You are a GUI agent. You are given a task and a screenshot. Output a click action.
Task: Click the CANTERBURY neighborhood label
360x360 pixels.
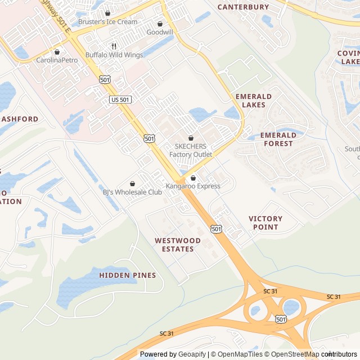coord(243,7)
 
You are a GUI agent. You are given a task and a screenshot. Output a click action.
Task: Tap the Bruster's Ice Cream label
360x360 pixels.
coord(107,22)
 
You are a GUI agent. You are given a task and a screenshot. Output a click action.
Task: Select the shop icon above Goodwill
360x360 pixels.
coord(160,24)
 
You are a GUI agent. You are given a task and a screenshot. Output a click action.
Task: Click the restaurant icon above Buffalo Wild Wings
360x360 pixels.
coord(114,46)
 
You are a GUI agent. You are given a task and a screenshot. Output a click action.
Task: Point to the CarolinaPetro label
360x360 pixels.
coord(57,60)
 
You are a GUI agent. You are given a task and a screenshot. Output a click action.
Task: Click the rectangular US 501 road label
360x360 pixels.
coord(120,100)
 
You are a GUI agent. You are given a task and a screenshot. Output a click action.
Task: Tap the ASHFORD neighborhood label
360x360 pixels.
coord(20,119)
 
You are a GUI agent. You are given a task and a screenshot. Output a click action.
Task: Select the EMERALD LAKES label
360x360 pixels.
coord(253,101)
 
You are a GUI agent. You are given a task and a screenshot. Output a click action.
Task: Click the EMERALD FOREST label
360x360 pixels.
coord(278,139)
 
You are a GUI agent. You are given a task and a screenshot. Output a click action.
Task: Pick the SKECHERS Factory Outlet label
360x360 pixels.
coord(191,150)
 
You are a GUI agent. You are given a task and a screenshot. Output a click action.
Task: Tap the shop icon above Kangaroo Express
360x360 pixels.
coord(193,178)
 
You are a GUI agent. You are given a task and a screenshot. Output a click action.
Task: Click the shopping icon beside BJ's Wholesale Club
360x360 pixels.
coord(132,183)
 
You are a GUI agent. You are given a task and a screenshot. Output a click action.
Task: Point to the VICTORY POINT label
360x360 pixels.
coord(265,223)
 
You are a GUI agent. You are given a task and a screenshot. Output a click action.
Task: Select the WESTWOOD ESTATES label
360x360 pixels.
coord(178,245)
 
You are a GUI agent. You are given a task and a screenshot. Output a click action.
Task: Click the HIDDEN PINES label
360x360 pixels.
coord(128,275)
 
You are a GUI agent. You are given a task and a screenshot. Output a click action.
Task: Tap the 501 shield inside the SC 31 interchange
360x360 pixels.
coord(281,319)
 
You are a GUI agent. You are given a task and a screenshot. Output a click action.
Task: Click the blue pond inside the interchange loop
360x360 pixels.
coord(291,307)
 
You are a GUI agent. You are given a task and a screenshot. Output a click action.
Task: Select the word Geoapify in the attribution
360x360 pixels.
coord(192,354)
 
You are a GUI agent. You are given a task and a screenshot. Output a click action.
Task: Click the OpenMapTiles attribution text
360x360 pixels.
coord(237,354)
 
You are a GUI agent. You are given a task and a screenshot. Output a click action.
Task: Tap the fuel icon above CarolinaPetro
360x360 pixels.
coord(57,52)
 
